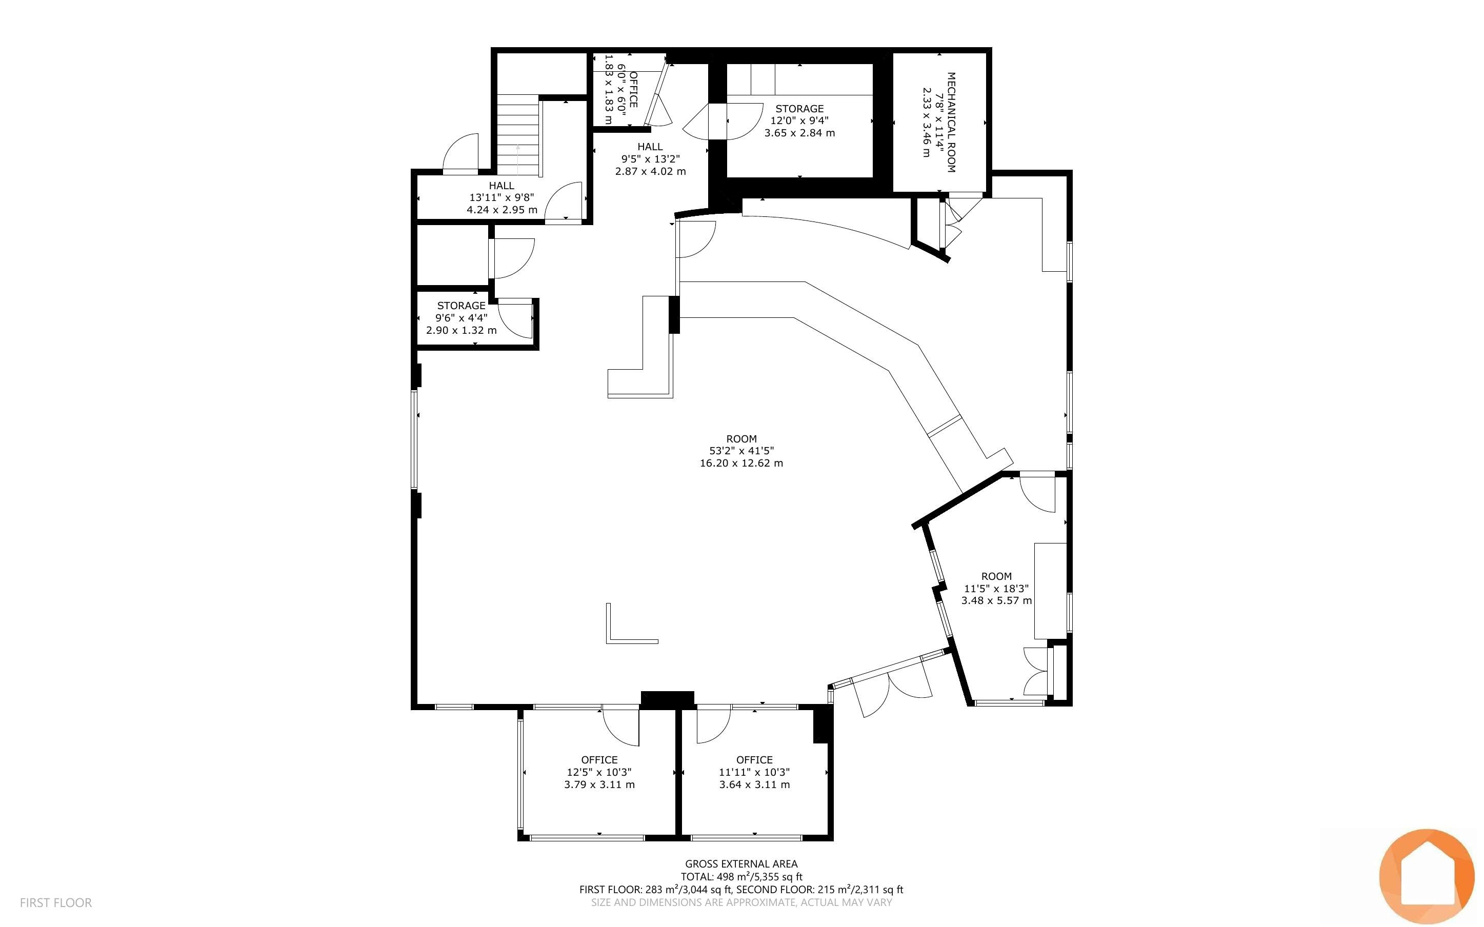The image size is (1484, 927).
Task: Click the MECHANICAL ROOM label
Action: (951, 123)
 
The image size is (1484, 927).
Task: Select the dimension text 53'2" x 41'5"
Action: (741, 451)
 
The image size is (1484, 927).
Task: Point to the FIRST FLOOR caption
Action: (56, 902)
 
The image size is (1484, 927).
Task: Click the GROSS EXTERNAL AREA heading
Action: (741, 864)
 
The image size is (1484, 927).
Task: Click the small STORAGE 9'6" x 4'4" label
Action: (462, 317)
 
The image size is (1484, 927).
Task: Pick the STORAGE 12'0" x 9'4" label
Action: (799, 121)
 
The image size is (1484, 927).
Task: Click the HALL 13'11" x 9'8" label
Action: (502, 197)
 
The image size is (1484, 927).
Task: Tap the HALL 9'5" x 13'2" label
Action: (650, 159)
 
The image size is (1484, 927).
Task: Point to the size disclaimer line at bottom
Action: (741, 902)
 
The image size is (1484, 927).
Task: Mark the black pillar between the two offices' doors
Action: (667, 699)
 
